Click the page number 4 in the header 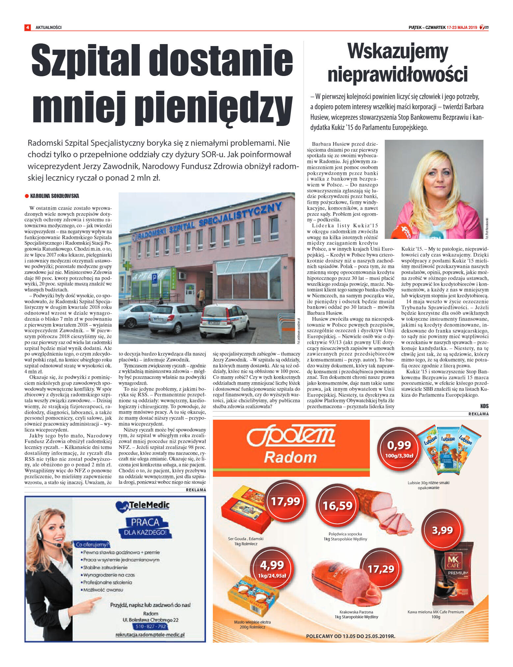(x=28, y=27)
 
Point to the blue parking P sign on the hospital (x=154, y=278)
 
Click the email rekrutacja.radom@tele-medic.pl (x=150, y=635)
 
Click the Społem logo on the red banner (x=291, y=437)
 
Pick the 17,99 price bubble (x=285, y=501)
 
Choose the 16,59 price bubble (x=337, y=506)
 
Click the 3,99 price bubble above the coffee (x=442, y=530)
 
